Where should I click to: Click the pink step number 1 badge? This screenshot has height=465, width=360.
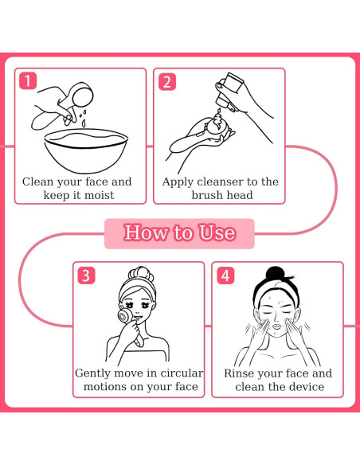click(28, 80)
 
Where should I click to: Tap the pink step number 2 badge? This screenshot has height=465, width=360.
click(167, 82)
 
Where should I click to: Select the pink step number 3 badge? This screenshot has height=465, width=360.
click(86, 275)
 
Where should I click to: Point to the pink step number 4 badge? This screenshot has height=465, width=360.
click(225, 275)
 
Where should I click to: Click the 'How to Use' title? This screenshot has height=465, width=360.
click(180, 232)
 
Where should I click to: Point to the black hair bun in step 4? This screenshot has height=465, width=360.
click(276, 273)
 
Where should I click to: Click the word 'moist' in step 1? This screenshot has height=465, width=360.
click(99, 195)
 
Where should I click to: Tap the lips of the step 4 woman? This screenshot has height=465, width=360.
click(277, 326)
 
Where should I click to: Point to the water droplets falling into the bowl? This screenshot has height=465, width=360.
click(84, 118)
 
